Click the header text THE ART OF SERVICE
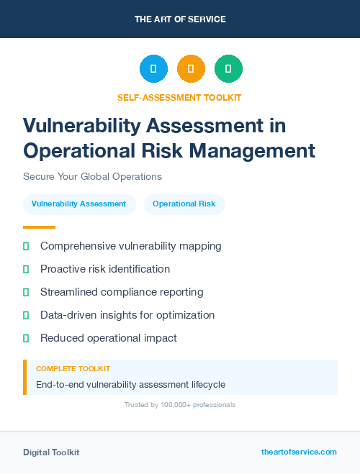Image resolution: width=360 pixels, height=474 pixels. tap(180, 19)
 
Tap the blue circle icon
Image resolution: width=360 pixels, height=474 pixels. tap(153, 69)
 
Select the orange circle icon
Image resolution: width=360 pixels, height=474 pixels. tap(191, 69)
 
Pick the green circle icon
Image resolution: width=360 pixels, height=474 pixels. tap(228, 69)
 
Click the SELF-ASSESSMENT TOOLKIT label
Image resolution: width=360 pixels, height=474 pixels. tap(179, 97)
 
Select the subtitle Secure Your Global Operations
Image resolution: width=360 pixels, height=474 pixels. tap(92, 176)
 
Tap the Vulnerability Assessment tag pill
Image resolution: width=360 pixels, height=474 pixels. tap(78, 204)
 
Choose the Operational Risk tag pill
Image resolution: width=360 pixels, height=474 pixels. tap(184, 204)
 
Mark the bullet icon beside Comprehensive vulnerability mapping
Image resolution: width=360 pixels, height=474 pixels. tap(26, 246)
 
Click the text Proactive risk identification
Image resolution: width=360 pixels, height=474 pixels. tap(105, 269)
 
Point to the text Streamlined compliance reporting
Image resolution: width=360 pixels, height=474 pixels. tap(122, 292)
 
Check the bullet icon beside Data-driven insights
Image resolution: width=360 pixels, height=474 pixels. tap(26, 315)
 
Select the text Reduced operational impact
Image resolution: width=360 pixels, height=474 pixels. tap(108, 338)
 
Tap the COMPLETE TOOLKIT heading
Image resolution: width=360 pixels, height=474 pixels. tap(73, 368)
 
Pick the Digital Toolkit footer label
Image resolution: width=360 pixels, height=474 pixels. tap(51, 452)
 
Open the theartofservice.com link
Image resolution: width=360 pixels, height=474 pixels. tap(299, 452)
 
